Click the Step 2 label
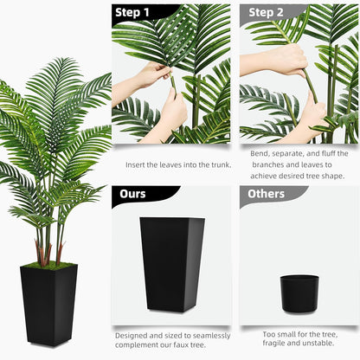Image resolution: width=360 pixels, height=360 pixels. coord(266,13)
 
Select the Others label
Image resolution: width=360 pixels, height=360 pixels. coord(266,194)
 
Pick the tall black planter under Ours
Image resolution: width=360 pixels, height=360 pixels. coord(171,264)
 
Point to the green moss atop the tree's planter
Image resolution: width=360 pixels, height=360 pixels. coord(48,266)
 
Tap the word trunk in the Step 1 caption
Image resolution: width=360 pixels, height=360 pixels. coord(220,165)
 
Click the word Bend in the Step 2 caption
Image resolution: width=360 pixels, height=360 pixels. coord(260,153)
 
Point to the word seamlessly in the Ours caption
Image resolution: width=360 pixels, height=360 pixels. coord(211,334)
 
